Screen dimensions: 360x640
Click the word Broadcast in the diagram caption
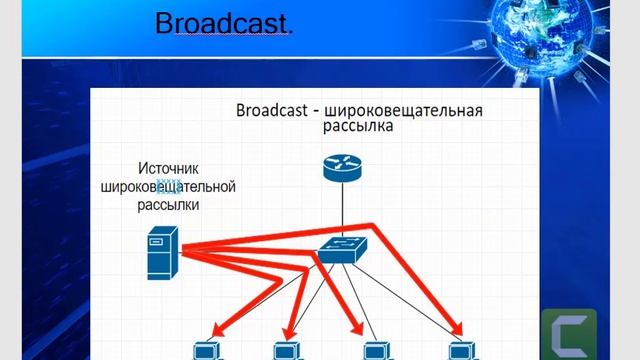click(272, 109)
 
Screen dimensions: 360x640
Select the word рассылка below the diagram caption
click(357, 127)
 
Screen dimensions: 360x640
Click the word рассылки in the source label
click(168, 204)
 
